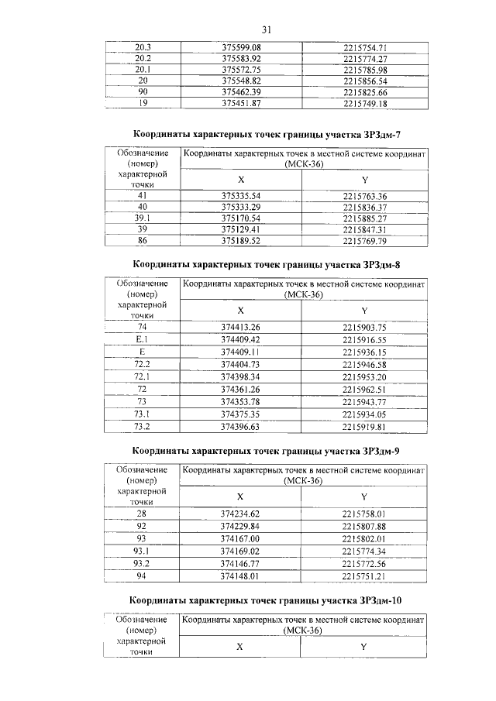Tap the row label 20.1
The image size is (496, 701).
coord(143,69)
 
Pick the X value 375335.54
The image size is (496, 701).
coord(240,196)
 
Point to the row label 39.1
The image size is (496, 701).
coord(143,218)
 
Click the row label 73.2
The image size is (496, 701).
coord(143,426)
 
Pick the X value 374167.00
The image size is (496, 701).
coord(240,538)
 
